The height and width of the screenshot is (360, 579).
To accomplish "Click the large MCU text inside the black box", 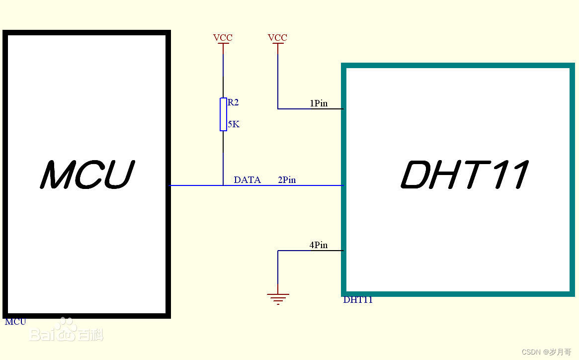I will (x=87, y=175).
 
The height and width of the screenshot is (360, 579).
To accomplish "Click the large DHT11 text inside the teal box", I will (x=464, y=175).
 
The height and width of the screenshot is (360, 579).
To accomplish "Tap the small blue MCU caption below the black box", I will (x=15, y=322).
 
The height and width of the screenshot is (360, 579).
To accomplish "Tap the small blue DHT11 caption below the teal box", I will (x=358, y=300).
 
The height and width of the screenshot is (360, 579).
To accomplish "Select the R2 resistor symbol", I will (x=223, y=114).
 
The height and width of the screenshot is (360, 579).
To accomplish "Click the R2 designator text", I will (x=233, y=102).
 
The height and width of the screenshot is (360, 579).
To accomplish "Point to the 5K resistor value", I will (x=234, y=124).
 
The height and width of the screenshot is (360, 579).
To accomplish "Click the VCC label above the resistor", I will (x=223, y=38).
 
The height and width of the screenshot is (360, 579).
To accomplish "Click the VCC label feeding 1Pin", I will (x=277, y=38).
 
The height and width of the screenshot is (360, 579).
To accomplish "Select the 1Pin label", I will (x=319, y=103).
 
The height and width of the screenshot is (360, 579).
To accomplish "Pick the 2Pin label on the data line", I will (x=287, y=180).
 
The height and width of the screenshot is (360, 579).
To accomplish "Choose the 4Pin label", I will (x=319, y=245).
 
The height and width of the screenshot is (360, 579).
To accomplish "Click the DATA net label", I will (x=247, y=180).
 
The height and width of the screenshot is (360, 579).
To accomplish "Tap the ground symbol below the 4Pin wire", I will (x=278, y=298).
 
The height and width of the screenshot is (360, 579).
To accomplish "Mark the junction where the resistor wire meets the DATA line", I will (x=223, y=185).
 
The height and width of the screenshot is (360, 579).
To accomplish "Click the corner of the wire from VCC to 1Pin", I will (x=278, y=108).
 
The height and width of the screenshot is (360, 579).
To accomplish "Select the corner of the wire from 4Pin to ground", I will (x=278, y=251).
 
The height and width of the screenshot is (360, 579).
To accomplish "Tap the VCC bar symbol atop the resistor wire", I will (x=223, y=44).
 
